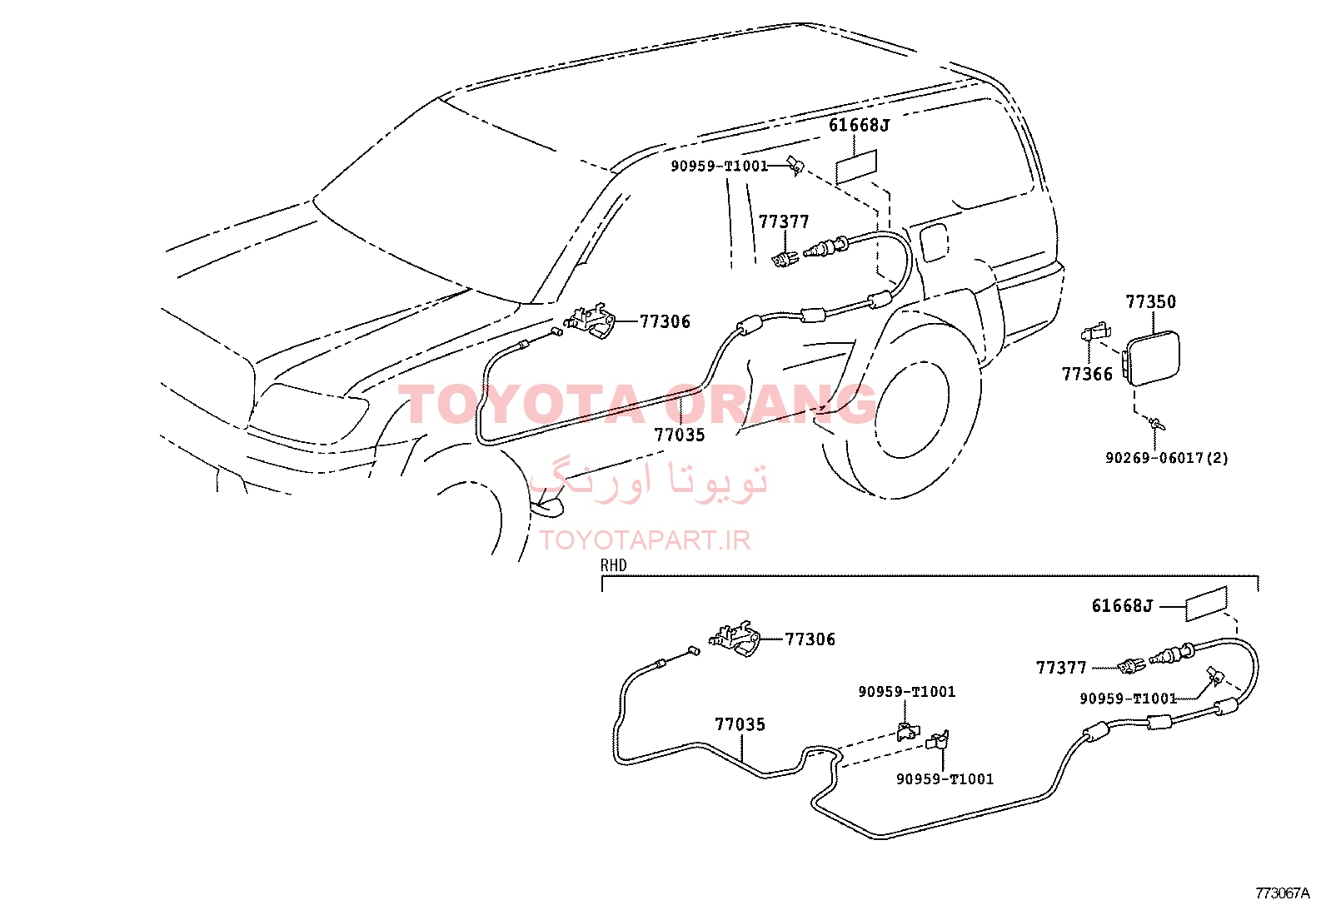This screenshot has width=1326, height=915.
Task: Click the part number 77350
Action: click(x=1150, y=302)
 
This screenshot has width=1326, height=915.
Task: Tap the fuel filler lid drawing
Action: click(x=1152, y=359)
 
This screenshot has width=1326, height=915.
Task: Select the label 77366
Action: click(x=1087, y=374)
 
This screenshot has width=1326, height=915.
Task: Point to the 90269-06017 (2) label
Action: click(x=1166, y=458)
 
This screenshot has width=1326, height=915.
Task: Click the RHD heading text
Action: click(x=613, y=565)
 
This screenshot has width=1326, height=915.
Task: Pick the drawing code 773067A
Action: click(x=1283, y=893)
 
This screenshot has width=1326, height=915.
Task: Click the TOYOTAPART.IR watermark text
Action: click(x=645, y=540)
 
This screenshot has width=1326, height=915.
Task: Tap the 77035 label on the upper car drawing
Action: click(x=680, y=435)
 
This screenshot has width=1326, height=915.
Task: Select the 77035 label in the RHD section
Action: click(x=740, y=724)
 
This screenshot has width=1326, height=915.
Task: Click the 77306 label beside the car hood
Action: click(x=665, y=321)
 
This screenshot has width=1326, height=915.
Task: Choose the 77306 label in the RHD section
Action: click(x=810, y=639)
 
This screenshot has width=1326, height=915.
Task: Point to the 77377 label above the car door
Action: click(x=784, y=222)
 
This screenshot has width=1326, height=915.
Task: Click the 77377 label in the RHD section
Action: click(x=1061, y=668)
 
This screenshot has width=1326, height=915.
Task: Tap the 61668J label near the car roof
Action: click(x=859, y=126)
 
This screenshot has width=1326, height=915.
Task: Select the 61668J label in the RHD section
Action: click(x=1123, y=606)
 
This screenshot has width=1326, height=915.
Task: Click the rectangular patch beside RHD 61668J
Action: click(x=1206, y=604)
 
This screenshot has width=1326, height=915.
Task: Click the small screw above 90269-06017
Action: click(x=1155, y=424)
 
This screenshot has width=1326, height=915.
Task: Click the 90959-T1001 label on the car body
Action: click(x=720, y=166)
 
